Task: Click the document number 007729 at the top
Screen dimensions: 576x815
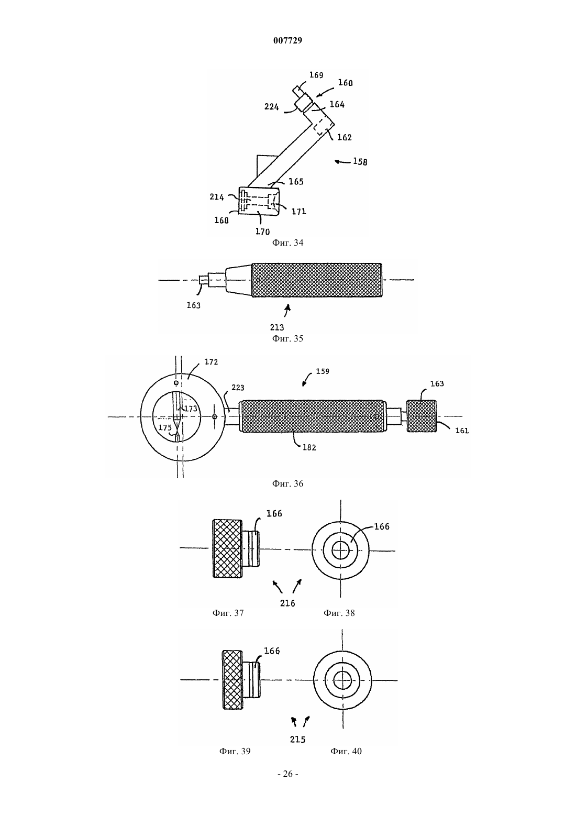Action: pyautogui.click(x=287, y=40)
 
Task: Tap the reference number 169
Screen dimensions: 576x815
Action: pyautogui.click(x=316, y=75)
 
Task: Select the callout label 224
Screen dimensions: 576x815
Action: pyautogui.click(x=272, y=107)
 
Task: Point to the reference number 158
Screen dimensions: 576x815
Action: pyautogui.click(x=360, y=161)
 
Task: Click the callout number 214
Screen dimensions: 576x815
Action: pyautogui.click(x=217, y=197)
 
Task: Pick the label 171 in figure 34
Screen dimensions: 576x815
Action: pyautogui.click(x=299, y=212)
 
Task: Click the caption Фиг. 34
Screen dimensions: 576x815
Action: pyautogui.click(x=287, y=243)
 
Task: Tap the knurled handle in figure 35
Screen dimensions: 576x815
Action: pyautogui.click(x=317, y=280)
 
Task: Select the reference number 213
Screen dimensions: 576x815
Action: pyautogui.click(x=277, y=327)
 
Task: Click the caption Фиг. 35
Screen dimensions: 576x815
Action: pyautogui.click(x=287, y=339)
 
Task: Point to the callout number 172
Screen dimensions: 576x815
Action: pyautogui.click(x=211, y=362)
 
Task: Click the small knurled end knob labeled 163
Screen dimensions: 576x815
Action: pyautogui.click(x=422, y=416)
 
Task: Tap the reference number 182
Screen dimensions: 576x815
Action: pyautogui.click(x=309, y=447)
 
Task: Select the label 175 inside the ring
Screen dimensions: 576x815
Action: pyautogui.click(x=165, y=427)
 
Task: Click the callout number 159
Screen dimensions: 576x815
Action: pyautogui.click(x=323, y=371)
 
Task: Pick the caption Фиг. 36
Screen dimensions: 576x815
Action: pyautogui.click(x=287, y=484)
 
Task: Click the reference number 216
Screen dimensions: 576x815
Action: pyautogui.click(x=287, y=603)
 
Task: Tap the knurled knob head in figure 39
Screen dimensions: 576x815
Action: pyautogui.click(x=232, y=680)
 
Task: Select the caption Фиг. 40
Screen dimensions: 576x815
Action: pyautogui.click(x=346, y=752)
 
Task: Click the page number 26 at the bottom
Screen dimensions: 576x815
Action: pyautogui.click(x=287, y=774)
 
